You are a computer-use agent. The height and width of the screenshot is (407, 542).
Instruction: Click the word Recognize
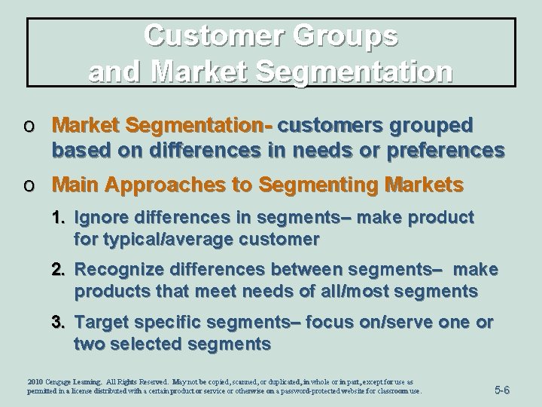[117, 269]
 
